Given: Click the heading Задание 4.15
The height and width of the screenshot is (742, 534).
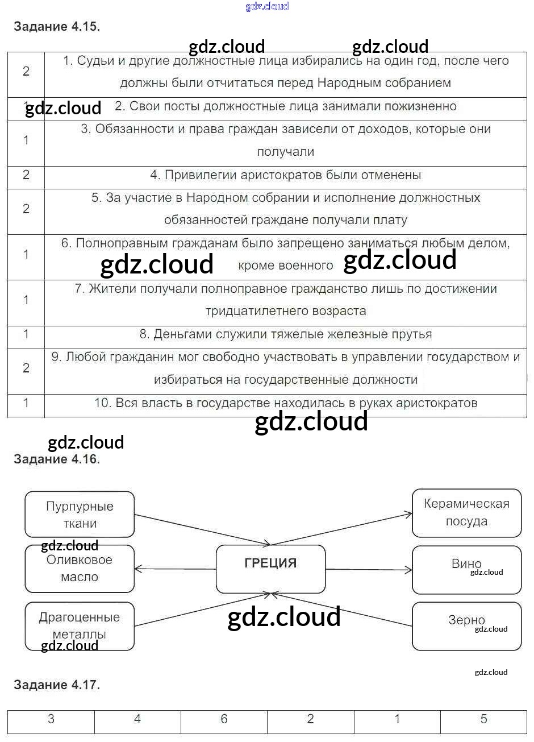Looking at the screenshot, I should click(56, 26).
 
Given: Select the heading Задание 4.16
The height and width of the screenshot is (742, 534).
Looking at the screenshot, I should click(56, 459).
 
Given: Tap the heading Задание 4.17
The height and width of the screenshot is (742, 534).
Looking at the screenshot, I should click(56, 685).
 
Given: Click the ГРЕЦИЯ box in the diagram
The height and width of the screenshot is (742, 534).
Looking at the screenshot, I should click(270, 569).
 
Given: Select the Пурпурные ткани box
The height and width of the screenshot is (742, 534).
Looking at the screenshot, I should click(80, 515).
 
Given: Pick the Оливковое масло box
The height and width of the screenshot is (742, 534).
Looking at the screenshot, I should click(80, 569).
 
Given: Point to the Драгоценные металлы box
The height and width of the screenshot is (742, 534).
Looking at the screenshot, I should click(80, 626).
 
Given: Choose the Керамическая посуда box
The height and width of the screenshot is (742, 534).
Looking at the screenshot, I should click(466, 513).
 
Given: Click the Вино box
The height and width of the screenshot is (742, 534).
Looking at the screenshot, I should click(466, 569).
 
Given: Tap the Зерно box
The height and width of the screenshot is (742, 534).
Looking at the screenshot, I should click(466, 626).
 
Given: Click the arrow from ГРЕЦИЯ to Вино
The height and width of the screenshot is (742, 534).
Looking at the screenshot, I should click(369, 569).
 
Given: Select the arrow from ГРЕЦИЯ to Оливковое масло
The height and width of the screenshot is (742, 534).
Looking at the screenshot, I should click(175, 568).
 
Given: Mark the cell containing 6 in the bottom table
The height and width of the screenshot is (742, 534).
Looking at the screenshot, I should click(224, 719).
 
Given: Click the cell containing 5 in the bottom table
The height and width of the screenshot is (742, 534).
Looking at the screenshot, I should click(483, 719).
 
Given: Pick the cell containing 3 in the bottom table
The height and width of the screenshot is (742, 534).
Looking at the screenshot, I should click(51, 719).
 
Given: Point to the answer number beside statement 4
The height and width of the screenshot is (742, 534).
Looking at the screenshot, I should click(26, 175).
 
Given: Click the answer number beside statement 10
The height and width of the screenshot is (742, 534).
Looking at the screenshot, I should click(26, 403).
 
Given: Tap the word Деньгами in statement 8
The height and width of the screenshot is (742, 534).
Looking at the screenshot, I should click(176, 334).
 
